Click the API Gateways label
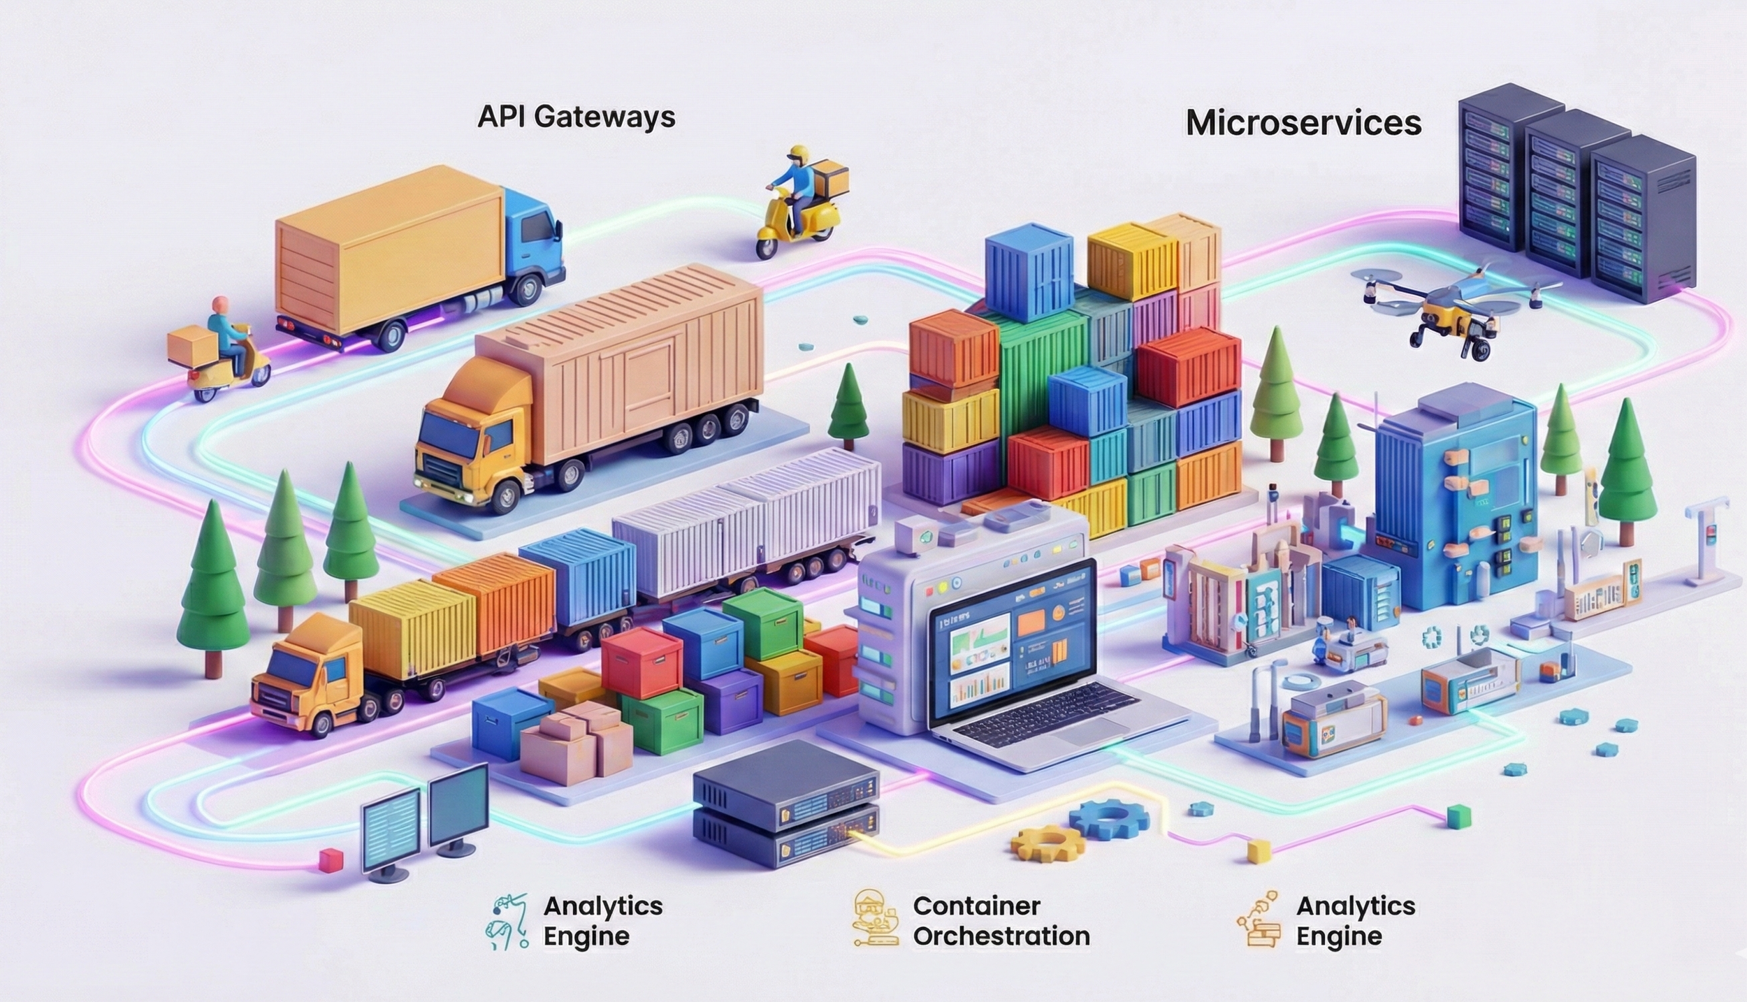pos(576,117)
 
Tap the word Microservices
pos(1303,123)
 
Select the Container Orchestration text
pos(1001,921)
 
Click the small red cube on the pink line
pos(327,860)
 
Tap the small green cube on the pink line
pos(1458,815)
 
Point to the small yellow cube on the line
pos(1259,851)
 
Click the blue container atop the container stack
pos(1029,276)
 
